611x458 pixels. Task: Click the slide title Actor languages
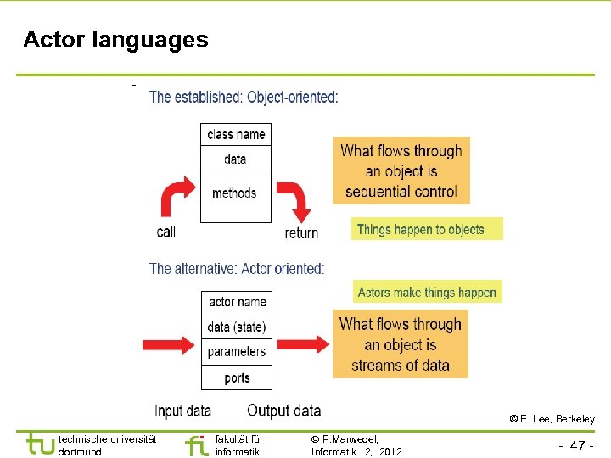pos(115,40)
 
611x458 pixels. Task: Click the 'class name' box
pos(236,134)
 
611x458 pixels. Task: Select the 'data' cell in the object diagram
pos(236,159)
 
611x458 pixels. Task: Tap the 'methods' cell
pos(235,193)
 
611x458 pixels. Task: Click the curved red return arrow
pos(297,200)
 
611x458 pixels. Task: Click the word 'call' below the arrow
pos(166,231)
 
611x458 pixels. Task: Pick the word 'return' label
pos(301,232)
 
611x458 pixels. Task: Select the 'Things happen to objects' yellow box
pos(427,229)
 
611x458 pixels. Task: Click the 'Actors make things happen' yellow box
pos(427,292)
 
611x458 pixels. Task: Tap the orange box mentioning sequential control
pos(401,171)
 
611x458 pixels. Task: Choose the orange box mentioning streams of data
pos(400,344)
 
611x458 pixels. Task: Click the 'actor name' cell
pos(238,302)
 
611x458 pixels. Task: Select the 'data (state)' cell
pos(237,327)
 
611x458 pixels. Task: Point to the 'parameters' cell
pos(237,351)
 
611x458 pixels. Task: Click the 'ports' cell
pos(237,377)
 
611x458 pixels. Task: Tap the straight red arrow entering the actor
pos(174,343)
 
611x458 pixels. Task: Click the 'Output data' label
pos(283,411)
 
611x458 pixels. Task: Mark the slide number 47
pos(577,445)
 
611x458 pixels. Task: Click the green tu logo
pos(40,444)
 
